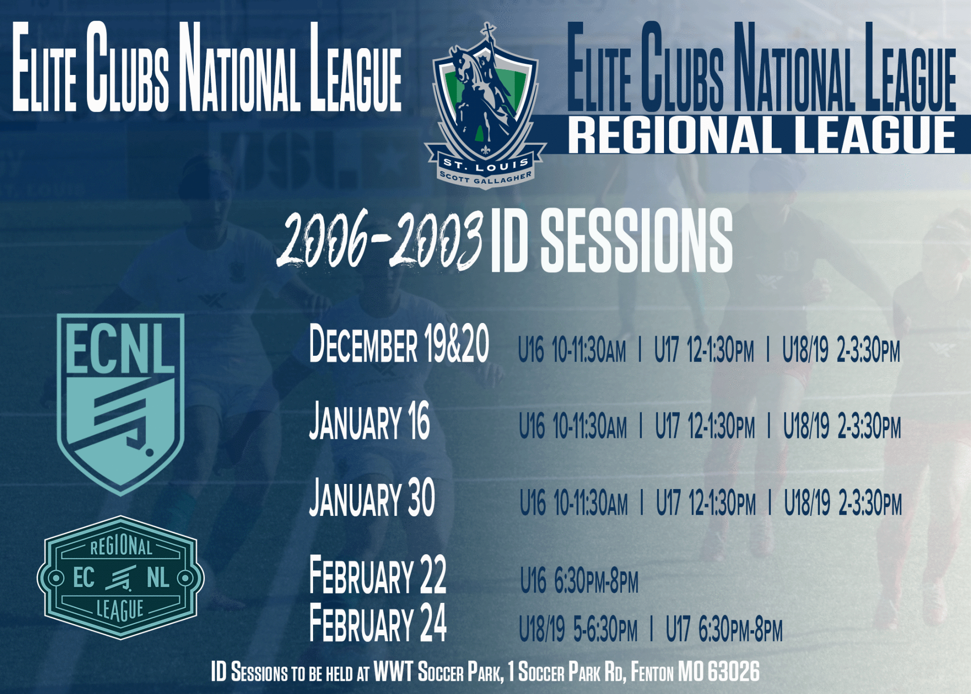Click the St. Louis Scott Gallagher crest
[485, 106]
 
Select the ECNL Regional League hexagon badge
[120, 578]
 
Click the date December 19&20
[399, 344]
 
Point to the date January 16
[369, 421]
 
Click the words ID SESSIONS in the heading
[611, 240]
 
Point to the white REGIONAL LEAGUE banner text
[762, 135]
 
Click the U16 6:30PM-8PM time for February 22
[580, 581]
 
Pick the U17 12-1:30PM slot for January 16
[705, 426]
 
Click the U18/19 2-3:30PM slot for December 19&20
[841, 350]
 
